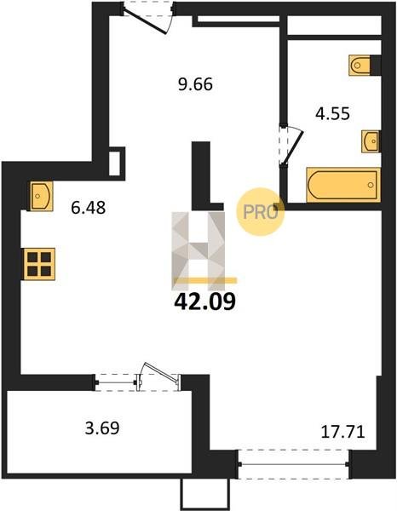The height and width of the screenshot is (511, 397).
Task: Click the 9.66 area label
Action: tap(195, 84)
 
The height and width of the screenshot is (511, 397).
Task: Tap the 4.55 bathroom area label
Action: tap(332, 114)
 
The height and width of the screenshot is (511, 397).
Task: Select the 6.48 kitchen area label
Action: tap(89, 208)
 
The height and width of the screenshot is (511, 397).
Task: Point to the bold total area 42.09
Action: tap(204, 301)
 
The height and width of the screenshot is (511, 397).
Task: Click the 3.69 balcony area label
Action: tap(102, 428)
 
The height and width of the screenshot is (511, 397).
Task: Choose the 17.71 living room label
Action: tap(342, 432)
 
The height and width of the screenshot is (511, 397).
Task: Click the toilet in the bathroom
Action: tap(360, 66)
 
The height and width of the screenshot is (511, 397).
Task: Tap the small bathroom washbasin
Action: tap(371, 141)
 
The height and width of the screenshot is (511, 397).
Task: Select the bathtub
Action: tap(343, 185)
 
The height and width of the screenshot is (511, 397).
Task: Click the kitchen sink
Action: tap(42, 196)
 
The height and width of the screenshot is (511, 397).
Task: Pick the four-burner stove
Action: tap(39, 264)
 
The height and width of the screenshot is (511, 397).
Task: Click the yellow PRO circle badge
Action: tap(260, 212)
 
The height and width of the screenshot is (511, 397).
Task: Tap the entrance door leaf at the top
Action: tap(146, 21)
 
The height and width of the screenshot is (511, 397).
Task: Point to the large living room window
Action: tap(294, 464)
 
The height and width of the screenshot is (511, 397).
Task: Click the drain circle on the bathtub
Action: tap(371, 185)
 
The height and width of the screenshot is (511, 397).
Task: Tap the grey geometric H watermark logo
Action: tap(198, 251)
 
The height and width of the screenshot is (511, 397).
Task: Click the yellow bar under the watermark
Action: tap(205, 280)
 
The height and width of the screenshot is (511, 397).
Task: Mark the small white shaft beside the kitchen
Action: tap(114, 164)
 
